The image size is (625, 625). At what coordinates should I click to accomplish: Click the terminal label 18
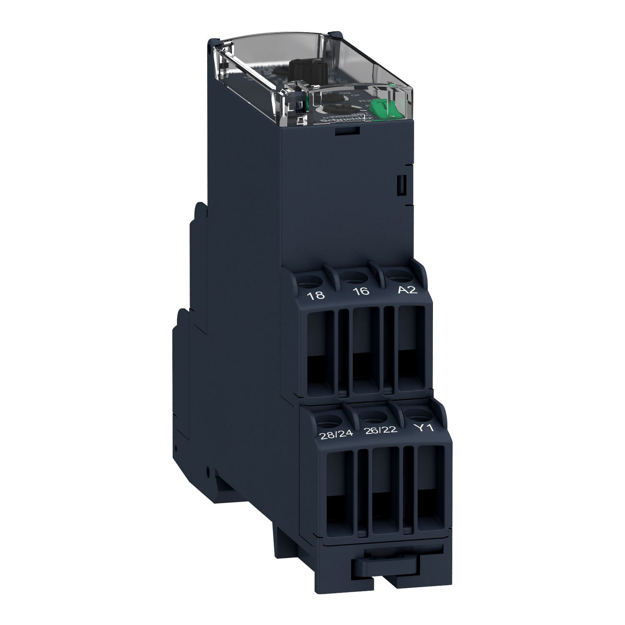315,295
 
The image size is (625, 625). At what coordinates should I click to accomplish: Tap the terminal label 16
361,291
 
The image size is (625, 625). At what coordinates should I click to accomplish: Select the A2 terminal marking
407,290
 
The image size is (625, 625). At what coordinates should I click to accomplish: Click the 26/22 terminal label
381,430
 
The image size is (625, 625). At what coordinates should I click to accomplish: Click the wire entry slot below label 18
321,350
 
